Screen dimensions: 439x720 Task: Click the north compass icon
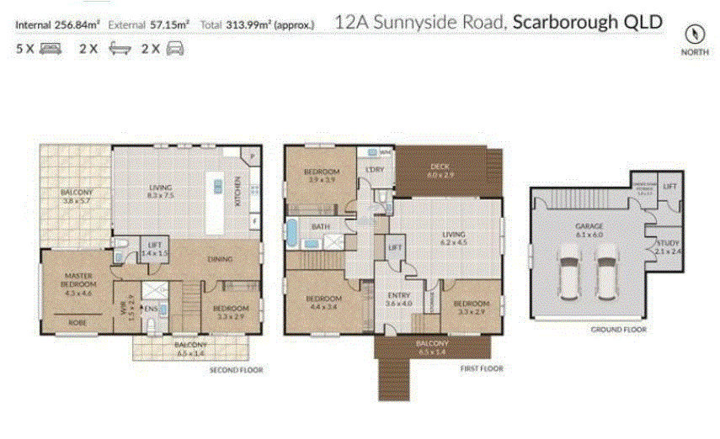click(x=695, y=34)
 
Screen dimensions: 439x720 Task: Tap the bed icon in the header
click(x=50, y=49)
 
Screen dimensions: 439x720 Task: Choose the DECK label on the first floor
click(x=440, y=167)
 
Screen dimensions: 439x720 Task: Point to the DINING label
click(x=219, y=259)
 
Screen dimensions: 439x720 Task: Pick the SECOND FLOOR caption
click(x=237, y=369)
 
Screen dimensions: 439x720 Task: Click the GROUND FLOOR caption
click(x=617, y=330)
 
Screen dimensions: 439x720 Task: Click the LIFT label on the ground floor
click(x=670, y=186)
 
